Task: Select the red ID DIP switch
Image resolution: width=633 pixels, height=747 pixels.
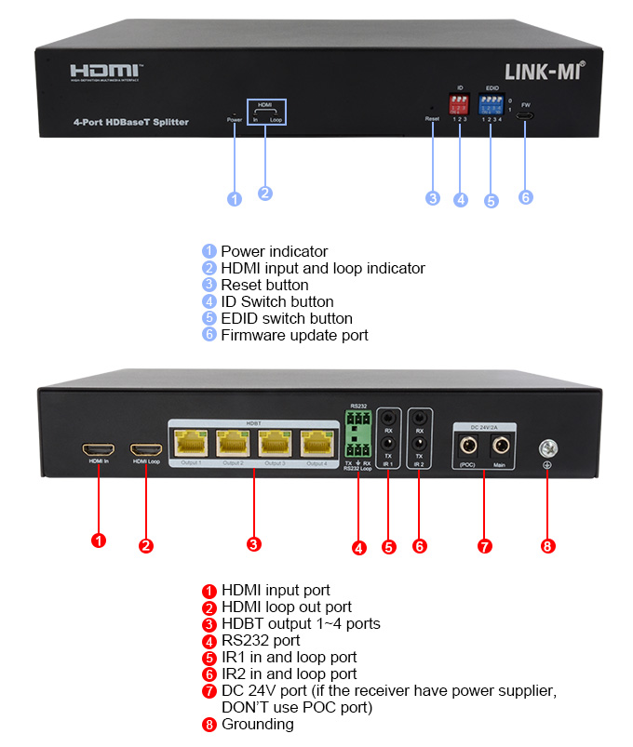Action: pyautogui.click(x=458, y=102)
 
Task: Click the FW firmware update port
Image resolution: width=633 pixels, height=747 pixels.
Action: pyautogui.click(x=526, y=115)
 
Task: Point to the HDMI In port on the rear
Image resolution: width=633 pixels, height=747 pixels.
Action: pyautogui.click(x=98, y=447)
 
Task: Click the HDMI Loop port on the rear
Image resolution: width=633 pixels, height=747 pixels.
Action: pyautogui.click(x=145, y=447)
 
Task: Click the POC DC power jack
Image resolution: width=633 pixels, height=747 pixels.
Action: pyautogui.click(x=466, y=444)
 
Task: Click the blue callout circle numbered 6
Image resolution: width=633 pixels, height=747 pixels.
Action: pyautogui.click(x=526, y=197)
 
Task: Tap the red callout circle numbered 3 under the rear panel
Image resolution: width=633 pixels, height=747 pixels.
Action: pyautogui.click(x=254, y=544)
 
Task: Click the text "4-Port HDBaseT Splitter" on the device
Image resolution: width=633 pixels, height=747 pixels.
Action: pyautogui.click(x=130, y=122)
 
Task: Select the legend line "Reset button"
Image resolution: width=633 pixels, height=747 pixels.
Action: pyautogui.click(x=264, y=285)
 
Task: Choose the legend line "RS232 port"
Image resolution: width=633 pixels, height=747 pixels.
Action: pyautogui.click(x=261, y=640)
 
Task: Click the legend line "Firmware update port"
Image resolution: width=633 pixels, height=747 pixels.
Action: pyautogui.click(x=294, y=335)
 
